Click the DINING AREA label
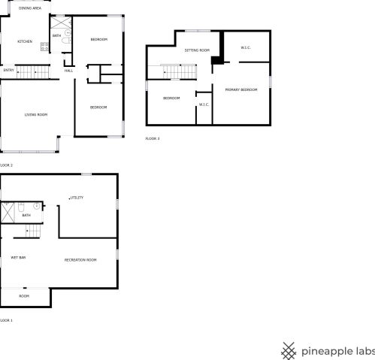[30, 8]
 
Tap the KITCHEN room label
[25, 41]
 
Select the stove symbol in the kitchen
[45, 47]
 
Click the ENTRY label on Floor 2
[9, 70]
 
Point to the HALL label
[68, 71]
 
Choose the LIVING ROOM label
[36, 115]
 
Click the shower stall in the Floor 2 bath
[61, 23]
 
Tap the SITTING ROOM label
[197, 50]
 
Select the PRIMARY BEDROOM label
[241, 89]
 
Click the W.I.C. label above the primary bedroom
[246, 47]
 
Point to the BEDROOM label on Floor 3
[171, 98]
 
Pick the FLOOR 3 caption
[153, 138]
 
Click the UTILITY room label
[77, 198]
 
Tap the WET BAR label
[18, 258]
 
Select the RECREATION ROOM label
[80, 260]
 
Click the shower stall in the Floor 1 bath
[8, 213]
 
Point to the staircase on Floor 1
[33, 231]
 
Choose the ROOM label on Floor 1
[24, 296]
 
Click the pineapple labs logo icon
[289, 351]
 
